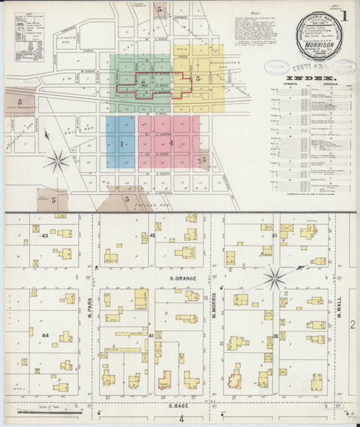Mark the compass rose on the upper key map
point(59,157)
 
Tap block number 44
point(46,335)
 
